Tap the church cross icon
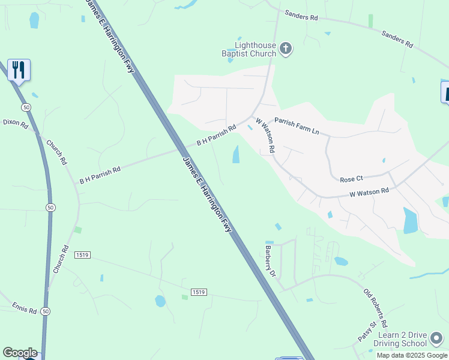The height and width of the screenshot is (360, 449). point(286,49)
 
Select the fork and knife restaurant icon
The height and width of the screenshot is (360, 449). point(19,70)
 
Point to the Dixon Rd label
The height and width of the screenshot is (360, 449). point(16,122)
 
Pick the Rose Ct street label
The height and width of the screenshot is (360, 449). point(352,179)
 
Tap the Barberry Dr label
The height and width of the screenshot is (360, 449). point(270,260)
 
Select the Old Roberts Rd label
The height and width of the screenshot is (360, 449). point(376,307)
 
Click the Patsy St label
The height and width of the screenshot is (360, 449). point(367,331)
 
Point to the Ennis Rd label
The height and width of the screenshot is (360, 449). point(24,308)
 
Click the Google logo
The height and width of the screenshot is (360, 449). point(20,353)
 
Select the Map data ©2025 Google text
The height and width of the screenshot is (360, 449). point(412,355)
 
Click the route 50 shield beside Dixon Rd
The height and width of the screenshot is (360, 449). point(25,107)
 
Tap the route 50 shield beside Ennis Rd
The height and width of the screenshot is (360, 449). point(46,311)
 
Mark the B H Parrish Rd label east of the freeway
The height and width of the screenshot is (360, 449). point(217,134)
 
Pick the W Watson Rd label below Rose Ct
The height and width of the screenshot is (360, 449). point(369,192)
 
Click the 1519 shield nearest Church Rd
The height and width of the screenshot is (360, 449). point(82,255)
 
